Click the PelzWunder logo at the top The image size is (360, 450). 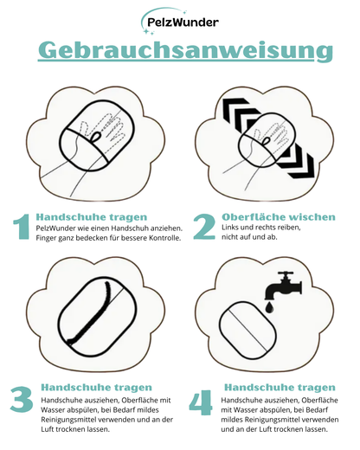(x=179, y=22)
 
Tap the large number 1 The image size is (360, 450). (x=22, y=227)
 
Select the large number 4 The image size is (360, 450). (x=202, y=403)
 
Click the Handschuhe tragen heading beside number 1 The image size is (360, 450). (x=91, y=215)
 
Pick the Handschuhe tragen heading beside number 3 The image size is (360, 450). (x=96, y=388)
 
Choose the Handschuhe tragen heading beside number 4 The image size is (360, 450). (x=279, y=388)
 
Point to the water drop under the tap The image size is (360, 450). (x=270, y=307)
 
